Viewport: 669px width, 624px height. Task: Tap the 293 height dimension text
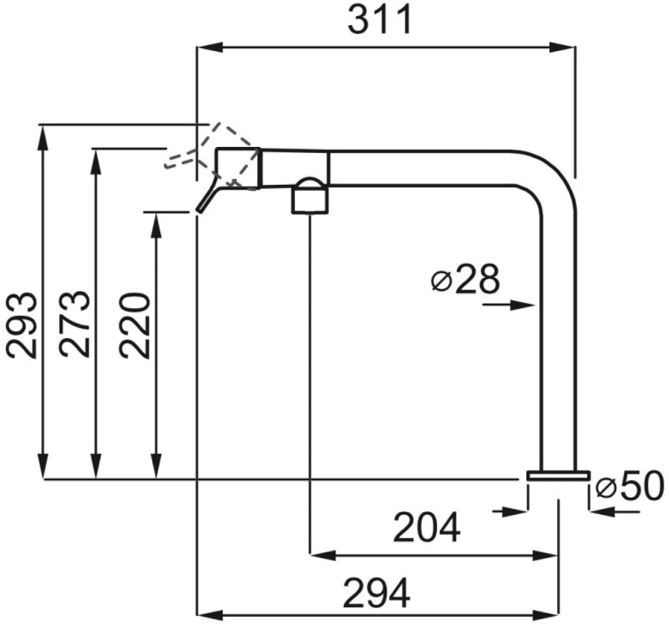21,326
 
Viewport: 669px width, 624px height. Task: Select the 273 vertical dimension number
75,324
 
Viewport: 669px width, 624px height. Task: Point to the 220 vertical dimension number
134,326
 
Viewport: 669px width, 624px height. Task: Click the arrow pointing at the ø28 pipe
509,305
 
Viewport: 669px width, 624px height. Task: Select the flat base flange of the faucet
559,475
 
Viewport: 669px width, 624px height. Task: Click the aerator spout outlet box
310,200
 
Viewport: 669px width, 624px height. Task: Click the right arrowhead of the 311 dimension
562,47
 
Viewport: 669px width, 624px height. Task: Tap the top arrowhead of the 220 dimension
156,225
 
